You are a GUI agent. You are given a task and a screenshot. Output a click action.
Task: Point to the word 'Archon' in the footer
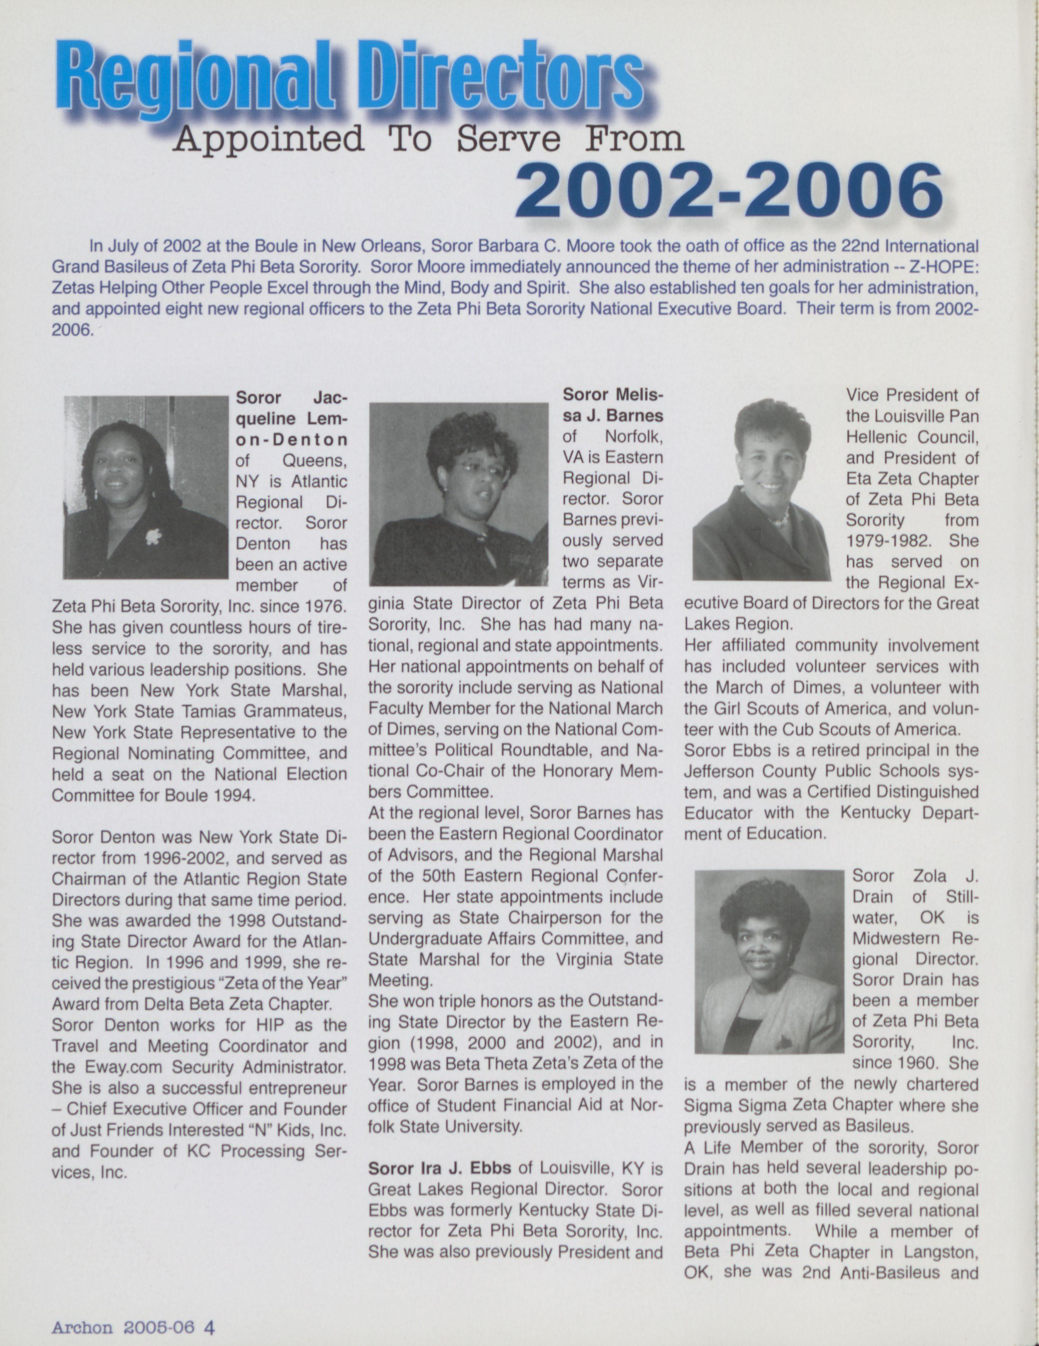82,1326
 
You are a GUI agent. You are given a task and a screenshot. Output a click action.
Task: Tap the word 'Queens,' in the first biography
314,460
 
